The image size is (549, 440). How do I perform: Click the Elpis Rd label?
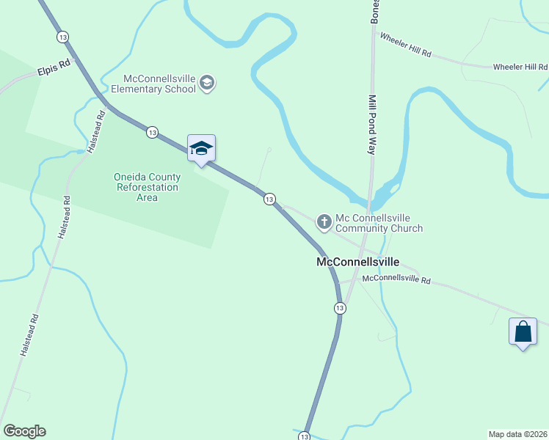(x=54, y=70)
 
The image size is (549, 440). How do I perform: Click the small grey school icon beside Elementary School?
(x=206, y=82)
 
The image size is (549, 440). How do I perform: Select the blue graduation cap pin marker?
(x=201, y=149)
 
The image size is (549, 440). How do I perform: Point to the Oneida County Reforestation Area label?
(x=147, y=187)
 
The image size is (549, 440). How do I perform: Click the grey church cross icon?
(x=324, y=221)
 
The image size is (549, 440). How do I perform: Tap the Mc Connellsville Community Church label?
(x=379, y=223)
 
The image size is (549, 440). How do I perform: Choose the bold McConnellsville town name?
(x=357, y=261)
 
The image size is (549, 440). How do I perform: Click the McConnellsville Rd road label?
(x=396, y=279)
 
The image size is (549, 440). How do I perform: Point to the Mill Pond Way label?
(x=372, y=123)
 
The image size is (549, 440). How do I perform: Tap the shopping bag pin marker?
(x=523, y=331)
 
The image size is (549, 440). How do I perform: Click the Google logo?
(x=24, y=431)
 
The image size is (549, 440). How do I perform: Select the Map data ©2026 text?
(x=517, y=433)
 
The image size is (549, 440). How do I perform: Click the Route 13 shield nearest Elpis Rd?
(x=62, y=36)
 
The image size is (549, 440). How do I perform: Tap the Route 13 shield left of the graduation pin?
(x=152, y=132)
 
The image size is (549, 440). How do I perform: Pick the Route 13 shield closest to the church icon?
(x=269, y=199)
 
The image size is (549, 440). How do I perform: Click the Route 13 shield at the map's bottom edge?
(x=304, y=436)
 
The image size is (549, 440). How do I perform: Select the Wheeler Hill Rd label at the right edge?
(x=520, y=67)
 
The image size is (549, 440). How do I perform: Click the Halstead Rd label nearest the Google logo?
(x=29, y=335)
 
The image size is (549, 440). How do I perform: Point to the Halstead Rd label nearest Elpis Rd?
(x=95, y=131)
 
